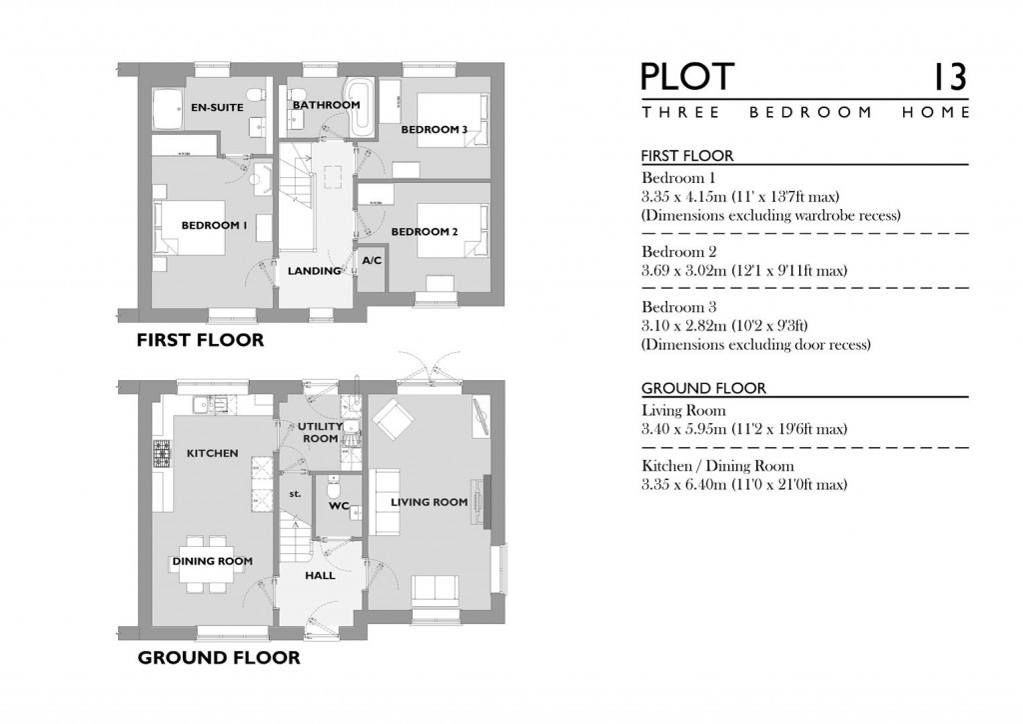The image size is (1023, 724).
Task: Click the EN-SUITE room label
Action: click(x=217, y=107)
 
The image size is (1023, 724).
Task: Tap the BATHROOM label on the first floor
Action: click(x=326, y=105)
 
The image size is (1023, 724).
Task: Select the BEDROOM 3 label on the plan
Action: click(x=435, y=130)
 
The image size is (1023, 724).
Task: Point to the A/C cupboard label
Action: click(x=372, y=260)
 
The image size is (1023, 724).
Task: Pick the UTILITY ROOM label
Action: click(x=320, y=432)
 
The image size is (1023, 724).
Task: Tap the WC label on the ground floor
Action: click(x=339, y=506)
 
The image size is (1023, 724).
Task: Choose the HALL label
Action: click(x=320, y=576)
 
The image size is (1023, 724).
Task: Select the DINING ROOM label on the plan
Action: click(x=212, y=561)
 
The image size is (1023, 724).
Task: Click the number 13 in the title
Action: click(x=948, y=77)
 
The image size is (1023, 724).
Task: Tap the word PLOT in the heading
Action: click(x=687, y=77)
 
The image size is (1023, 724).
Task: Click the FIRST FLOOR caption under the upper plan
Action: click(x=200, y=341)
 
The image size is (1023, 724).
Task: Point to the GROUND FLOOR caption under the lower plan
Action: click(x=218, y=658)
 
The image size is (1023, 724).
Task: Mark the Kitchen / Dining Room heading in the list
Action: click(x=717, y=466)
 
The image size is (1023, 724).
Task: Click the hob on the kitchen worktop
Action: click(x=161, y=454)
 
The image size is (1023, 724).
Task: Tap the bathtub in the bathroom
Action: click(x=360, y=109)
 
